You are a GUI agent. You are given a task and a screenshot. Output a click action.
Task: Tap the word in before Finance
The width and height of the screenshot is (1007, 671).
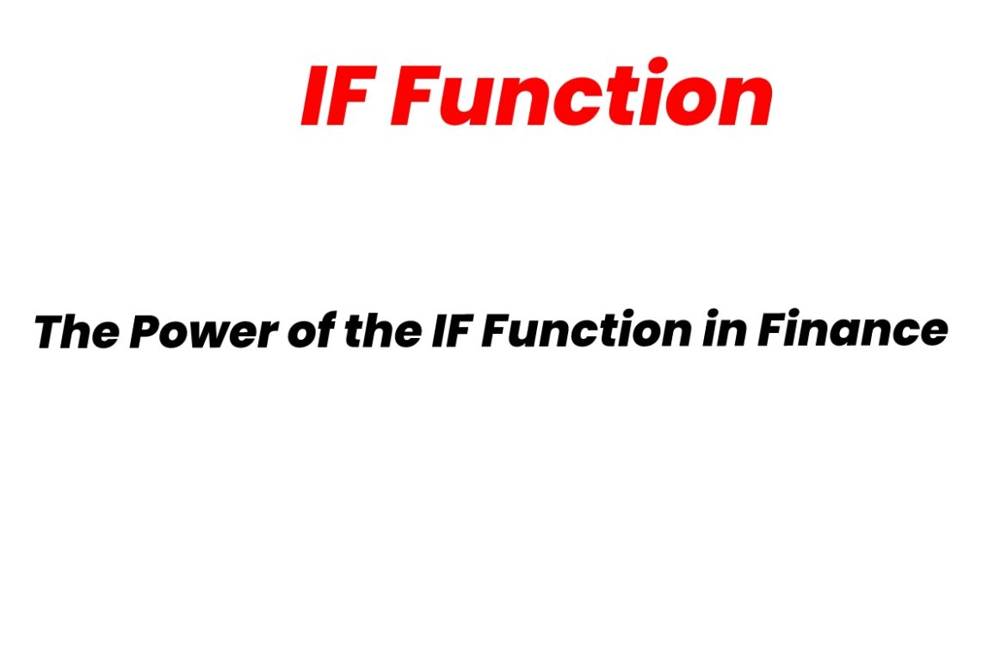point(721,331)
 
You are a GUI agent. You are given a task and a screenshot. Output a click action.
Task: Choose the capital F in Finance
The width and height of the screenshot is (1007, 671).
point(771,331)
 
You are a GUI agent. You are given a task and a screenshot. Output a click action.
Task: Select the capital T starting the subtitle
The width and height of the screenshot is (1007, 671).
point(52,331)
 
